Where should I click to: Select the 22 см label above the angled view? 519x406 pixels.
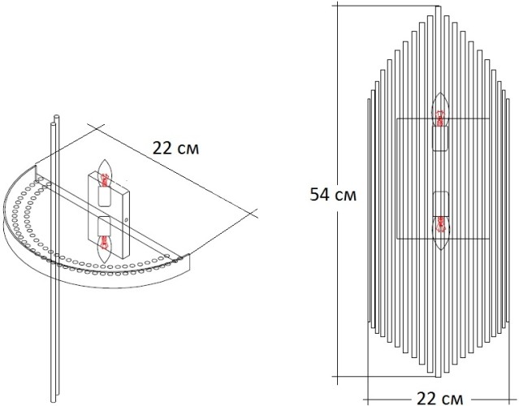tap(174, 148)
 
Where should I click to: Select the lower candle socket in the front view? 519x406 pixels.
tap(441, 202)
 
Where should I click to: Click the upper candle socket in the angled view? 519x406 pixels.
tap(106, 196)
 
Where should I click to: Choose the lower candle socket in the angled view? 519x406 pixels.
tap(106, 225)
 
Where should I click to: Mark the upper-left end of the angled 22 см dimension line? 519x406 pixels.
tap(97, 127)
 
